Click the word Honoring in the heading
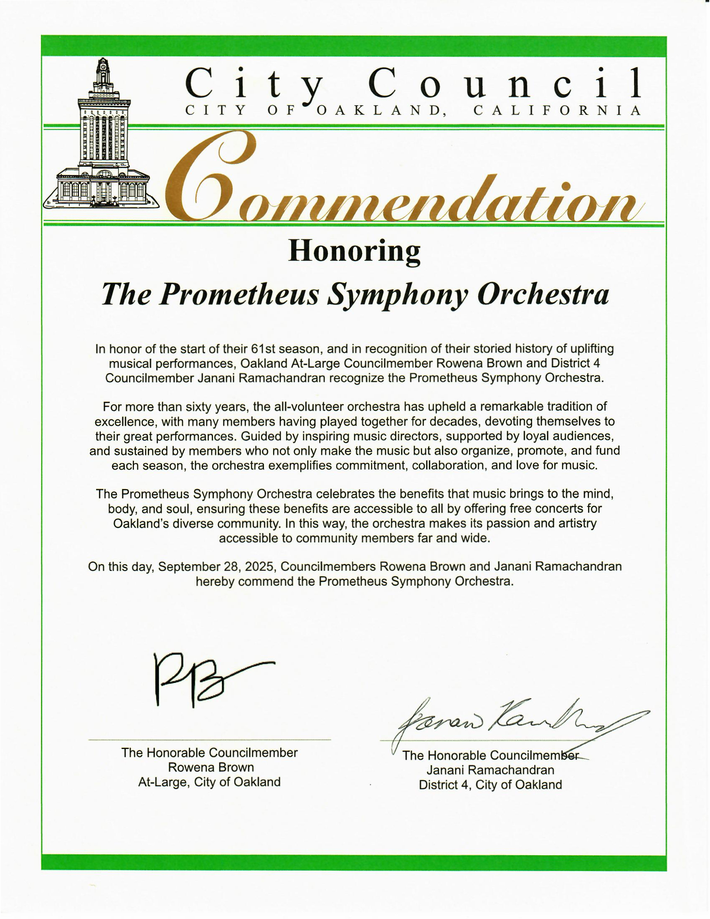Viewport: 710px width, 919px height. [354, 251]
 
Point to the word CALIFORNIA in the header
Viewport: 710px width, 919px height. [557, 111]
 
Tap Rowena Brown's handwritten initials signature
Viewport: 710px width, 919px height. [198, 679]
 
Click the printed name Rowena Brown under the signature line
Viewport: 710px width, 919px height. [210, 767]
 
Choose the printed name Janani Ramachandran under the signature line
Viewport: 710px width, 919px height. [490, 770]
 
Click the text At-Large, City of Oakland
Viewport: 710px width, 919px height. [210, 782]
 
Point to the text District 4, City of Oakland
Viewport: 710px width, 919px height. [490, 784]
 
